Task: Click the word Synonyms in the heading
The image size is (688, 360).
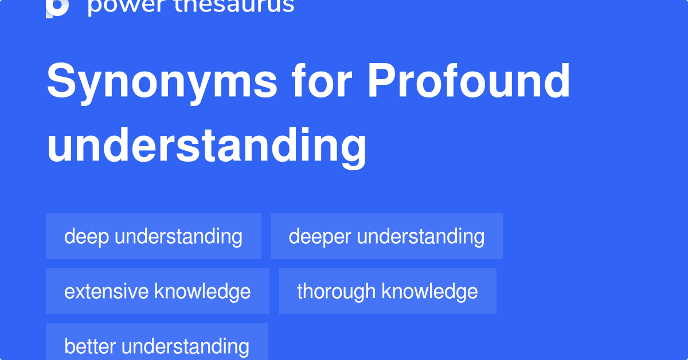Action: pyautogui.click(x=162, y=82)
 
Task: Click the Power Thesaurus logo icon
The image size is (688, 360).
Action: pyautogui.click(x=57, y=7)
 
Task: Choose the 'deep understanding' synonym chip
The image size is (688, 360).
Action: pyautogui.click(x=153, y=236)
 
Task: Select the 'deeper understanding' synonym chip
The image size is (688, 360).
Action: pyautogui.click(x=386, y=236)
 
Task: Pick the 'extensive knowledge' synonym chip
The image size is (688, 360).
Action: pyautogui.click(x=157, y=291)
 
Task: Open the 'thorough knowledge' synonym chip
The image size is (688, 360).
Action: pyautogui.click(x=387, y=291)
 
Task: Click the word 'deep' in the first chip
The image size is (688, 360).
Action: pyautogui.click(x=87, y=236)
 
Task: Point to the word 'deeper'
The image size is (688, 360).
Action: pyautogui.click(x=320, y=236)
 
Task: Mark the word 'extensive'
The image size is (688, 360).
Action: pyautogui.click(x=107, y=291)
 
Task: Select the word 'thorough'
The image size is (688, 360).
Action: pyautogui.click(x=337, y=291)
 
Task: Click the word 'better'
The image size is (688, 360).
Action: pyautogui.click(x=91, y=346)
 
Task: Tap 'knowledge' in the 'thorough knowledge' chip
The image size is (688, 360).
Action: pyautogui.click(x=429, y=291)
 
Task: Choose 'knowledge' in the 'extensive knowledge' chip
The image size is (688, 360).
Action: pyautogui.click(x=202, y=291)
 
